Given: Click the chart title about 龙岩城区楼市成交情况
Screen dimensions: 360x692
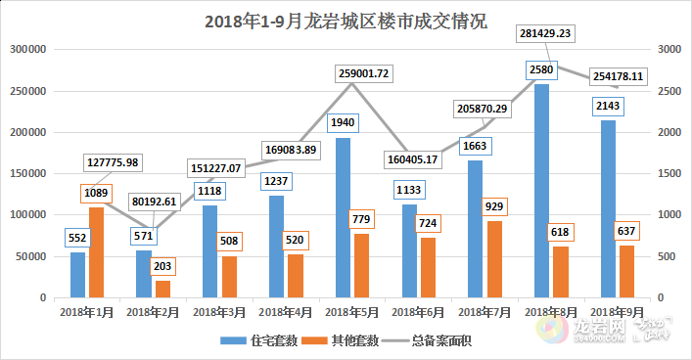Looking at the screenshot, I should point(346,22).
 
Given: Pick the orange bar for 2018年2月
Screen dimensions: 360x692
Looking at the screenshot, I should point(162,289).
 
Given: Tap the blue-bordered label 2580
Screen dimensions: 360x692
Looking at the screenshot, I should point(541,69).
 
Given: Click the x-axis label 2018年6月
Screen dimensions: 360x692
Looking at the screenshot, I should point(418,312).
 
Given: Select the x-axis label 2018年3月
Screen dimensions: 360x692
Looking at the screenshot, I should point(219,312).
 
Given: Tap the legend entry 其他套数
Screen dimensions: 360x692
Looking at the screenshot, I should point(334,339).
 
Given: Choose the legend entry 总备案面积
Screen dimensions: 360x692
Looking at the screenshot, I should point(423,339).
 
